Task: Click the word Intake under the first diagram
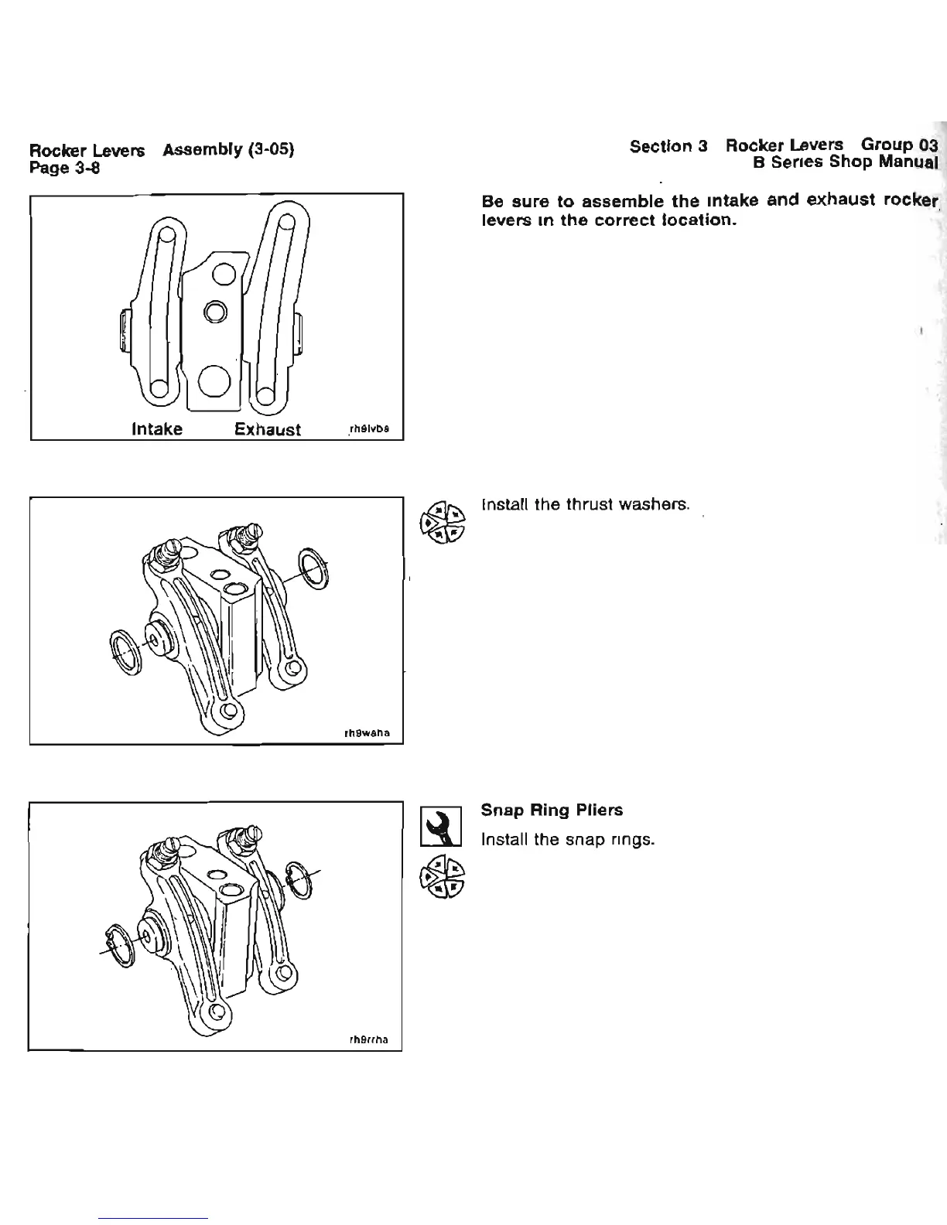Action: point(157,429)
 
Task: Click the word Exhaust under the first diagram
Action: point(268,430)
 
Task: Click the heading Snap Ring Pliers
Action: point(552,810)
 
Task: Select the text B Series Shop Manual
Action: point(846,162)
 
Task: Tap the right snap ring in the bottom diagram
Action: point(299,880)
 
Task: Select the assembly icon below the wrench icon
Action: point(440,882)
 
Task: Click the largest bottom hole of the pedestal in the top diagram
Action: point(214,379)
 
